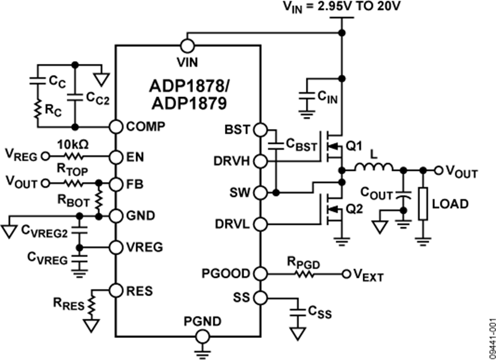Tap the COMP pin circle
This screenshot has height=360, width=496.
[115, 126]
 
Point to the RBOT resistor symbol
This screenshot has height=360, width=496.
[99, 198]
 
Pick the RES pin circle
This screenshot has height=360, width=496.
[115, 289]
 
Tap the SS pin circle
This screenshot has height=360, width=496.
[260, 298]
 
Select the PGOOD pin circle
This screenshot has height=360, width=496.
[260, 273]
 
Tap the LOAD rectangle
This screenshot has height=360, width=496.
[424, 204]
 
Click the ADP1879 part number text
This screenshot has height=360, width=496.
[187, 103]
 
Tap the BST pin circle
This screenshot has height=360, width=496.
[260, 130]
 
